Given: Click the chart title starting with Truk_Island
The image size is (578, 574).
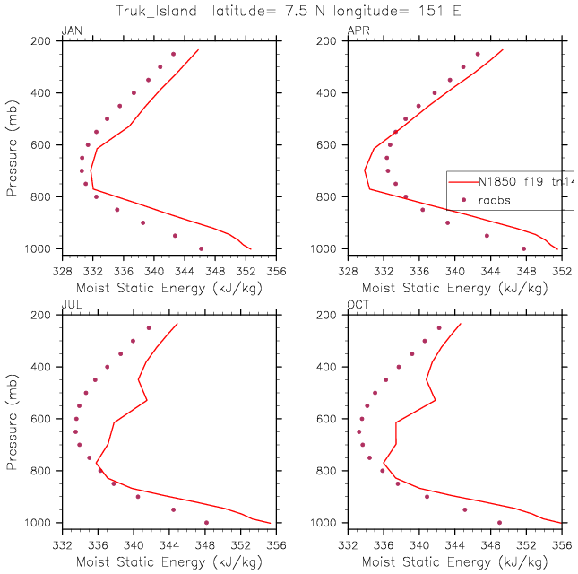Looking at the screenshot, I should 289,11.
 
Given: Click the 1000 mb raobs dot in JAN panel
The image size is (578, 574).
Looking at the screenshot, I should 201,248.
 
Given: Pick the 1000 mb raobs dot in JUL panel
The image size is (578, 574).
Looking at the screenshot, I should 206,523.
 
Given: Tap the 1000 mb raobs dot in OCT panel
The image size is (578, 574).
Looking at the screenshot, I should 499,523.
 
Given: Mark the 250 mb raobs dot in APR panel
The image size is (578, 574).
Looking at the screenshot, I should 478,54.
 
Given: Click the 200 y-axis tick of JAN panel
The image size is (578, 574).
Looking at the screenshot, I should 45,41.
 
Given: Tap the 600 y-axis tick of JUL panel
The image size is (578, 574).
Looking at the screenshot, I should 45,419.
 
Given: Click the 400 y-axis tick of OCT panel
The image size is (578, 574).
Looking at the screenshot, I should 332,367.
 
